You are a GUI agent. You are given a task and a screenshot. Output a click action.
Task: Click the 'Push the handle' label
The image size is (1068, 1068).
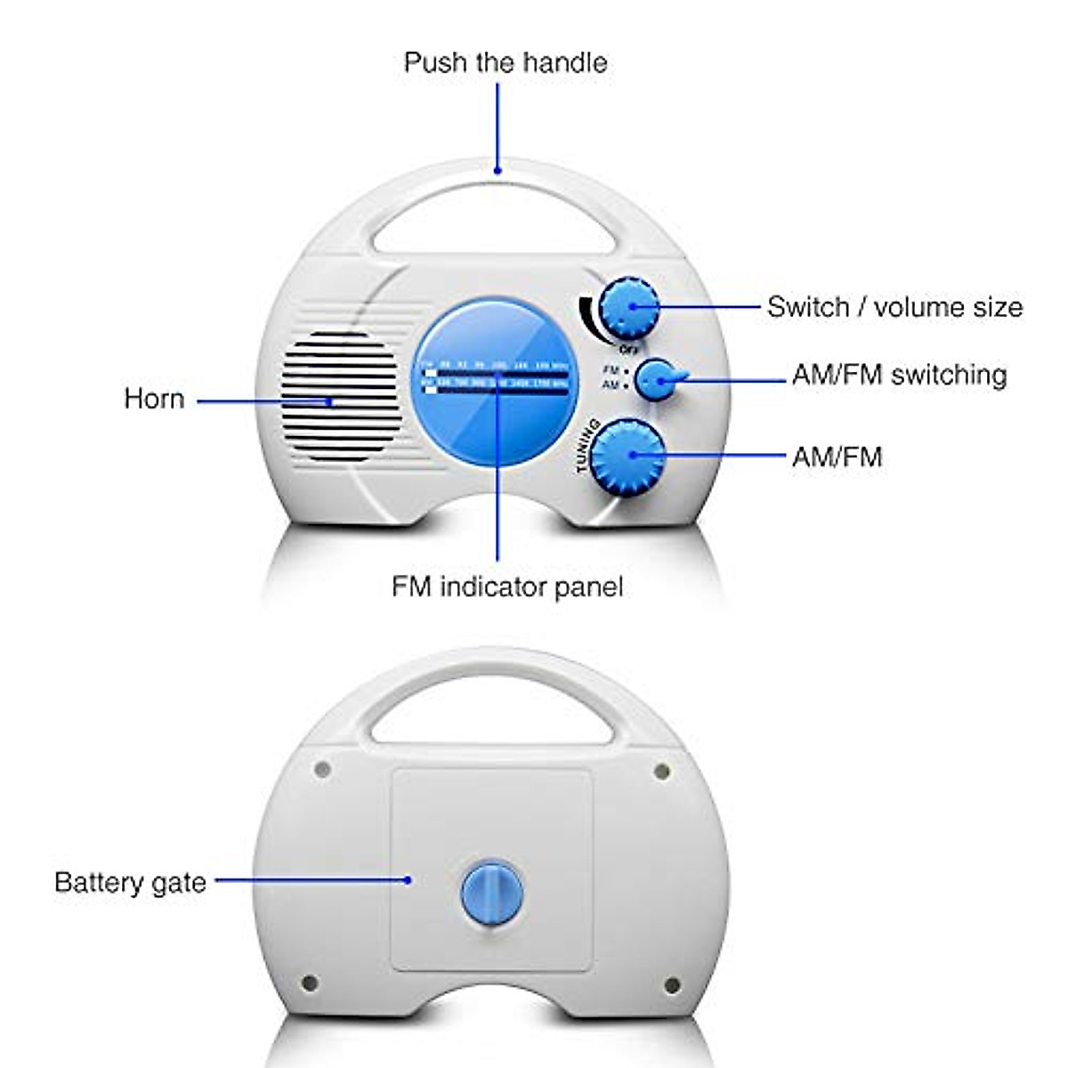505,62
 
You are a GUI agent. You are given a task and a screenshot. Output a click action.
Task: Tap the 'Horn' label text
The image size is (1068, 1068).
154,398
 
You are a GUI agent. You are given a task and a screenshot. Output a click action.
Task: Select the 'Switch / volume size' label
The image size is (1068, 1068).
894,307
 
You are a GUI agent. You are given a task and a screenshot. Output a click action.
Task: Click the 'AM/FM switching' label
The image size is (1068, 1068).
899,375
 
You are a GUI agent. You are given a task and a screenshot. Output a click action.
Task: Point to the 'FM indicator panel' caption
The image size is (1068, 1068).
506,587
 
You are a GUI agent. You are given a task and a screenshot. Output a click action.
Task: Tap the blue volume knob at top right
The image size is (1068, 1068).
629,308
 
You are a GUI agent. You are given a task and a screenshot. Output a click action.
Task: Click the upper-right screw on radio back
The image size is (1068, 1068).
660,770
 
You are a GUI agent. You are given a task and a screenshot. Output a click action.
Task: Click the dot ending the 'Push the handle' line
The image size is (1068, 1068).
498,170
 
